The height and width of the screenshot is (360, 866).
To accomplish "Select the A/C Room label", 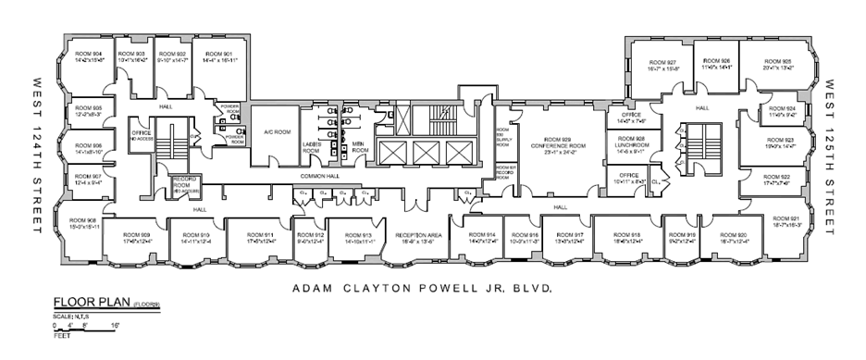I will [271, 130].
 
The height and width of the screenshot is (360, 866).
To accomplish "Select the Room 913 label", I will [354, 237].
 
